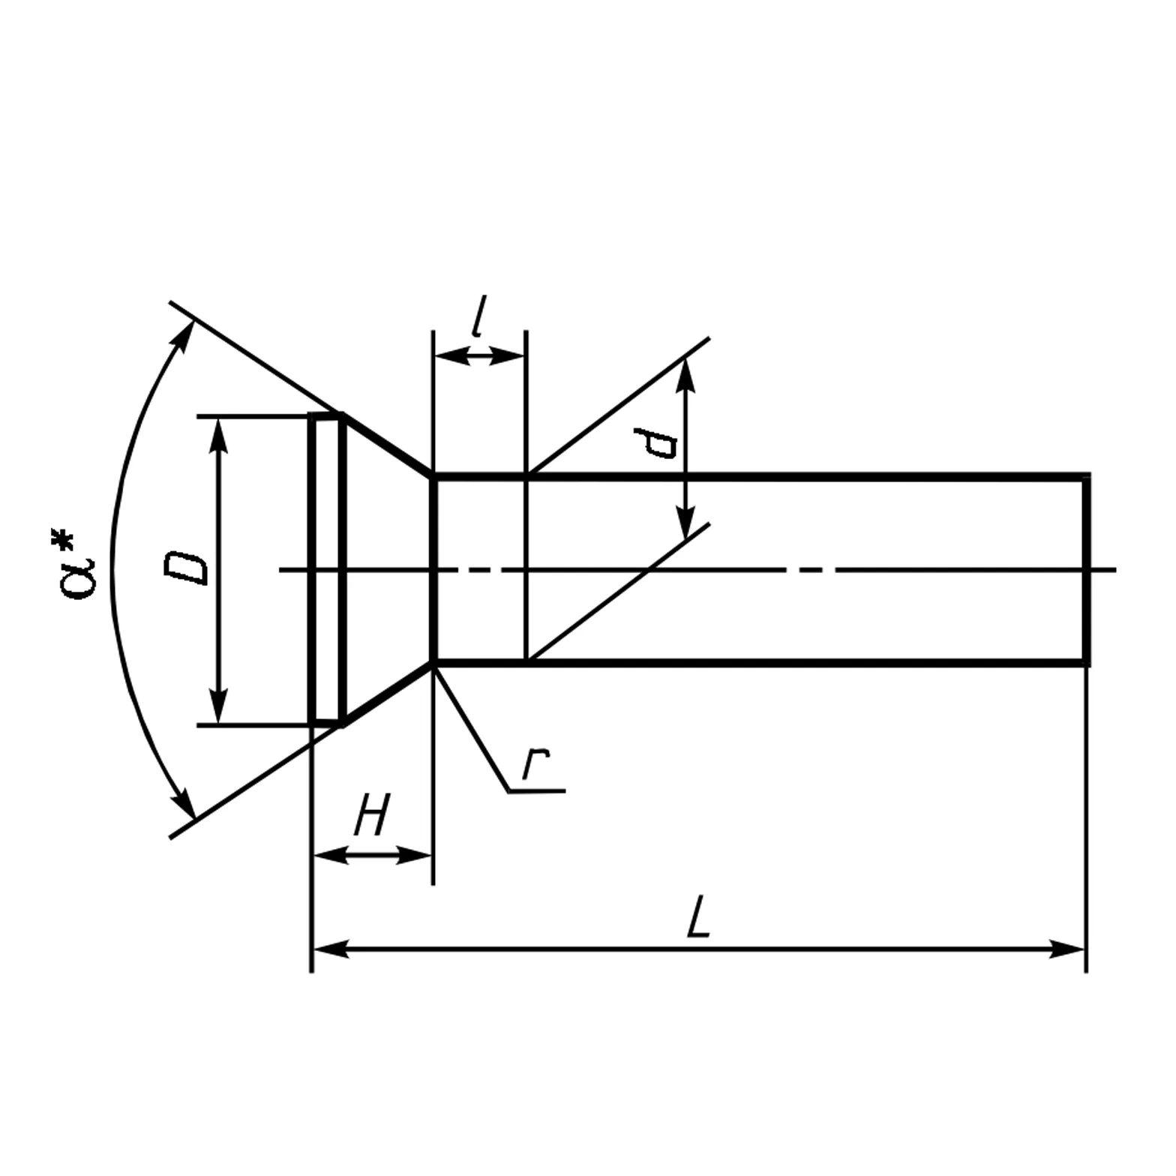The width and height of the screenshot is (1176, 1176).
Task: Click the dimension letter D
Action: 185,568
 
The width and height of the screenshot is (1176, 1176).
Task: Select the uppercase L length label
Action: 698,916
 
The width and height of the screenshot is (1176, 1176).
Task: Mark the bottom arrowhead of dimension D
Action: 218,709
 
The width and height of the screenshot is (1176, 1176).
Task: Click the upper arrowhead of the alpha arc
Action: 182,335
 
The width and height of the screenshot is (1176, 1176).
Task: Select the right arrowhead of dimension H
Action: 417,855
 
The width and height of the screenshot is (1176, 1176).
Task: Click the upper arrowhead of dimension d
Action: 685,373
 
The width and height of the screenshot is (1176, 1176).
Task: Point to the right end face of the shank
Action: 1086,569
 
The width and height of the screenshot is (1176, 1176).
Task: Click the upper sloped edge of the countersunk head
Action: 387,443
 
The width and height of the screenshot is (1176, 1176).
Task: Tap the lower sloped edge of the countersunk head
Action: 387,694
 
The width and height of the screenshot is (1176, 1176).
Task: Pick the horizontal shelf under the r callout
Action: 537,790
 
